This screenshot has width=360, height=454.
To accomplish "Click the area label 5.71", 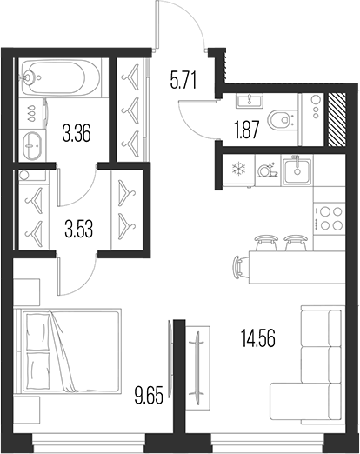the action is tap(183, 81).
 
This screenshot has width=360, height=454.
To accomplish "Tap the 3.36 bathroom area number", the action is tap(77, 133).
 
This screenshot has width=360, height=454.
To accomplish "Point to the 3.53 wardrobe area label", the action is tap(78, 229).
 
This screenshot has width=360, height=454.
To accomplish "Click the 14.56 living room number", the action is tap(258, 338).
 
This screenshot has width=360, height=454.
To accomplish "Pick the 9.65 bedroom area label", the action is tap(149, 395).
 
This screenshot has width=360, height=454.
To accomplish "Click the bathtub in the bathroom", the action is tap(61, 77).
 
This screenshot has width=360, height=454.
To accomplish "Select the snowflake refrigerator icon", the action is tap(238, 168).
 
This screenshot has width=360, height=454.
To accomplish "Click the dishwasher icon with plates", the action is tap(268, 170).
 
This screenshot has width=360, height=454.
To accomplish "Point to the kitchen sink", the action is tap(297, 170).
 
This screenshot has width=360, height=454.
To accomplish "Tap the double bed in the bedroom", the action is tap(68, 351).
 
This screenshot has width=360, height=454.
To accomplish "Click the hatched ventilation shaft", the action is tap(336, 119).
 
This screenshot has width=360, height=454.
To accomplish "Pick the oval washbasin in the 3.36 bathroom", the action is tap(32, 146).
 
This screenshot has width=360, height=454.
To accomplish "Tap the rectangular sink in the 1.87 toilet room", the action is tap(250, 100).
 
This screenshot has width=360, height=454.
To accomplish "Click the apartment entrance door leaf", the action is tap(157, 24).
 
